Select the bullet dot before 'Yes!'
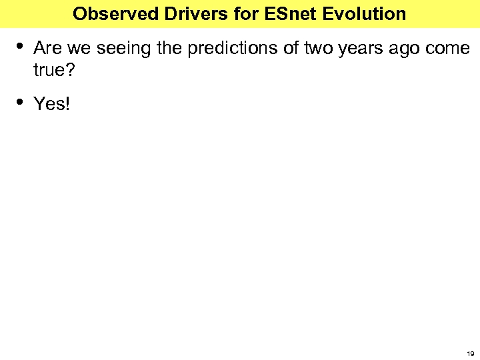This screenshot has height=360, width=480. pyautogui.click(x=20, y=102)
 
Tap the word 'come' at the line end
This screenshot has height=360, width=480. pyautogui.click(x=449, y=49)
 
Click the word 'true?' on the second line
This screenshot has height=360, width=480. pyautogui.click(x=53, y=70)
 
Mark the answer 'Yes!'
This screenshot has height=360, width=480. pyautogui.click(x=51, y=105)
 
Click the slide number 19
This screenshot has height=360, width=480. pyautogui.click(x=470, y=353)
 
